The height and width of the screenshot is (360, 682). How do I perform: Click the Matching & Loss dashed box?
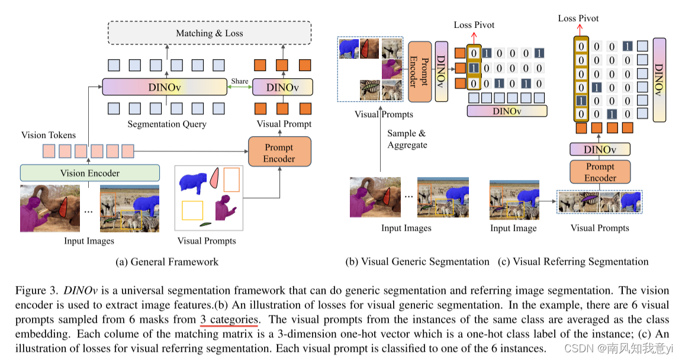pos(209,33)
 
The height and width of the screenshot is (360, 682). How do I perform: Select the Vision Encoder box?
pos(90,173)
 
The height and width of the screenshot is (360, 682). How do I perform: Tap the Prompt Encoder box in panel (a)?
pos(279,153)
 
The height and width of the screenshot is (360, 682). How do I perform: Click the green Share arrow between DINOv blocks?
pos(240,87)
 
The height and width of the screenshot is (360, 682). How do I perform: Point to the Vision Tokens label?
pos(49,135)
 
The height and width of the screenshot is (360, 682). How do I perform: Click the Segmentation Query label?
pos(167,124)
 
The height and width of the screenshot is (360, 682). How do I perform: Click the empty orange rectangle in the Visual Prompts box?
pos(231,179)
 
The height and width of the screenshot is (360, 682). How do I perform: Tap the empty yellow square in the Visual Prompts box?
pos(192,211)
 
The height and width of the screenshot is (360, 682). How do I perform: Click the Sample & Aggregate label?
pos(407,139)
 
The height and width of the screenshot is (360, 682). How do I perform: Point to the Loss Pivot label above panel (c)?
pos(578,18)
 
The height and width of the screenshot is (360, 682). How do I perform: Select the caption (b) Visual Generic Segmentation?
pos(417,262)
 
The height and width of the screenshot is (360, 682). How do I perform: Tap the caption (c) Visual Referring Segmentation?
pos(573,262)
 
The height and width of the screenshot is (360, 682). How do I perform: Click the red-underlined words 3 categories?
pos(229,320)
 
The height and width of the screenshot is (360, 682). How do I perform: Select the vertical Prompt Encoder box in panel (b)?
pos(419,71)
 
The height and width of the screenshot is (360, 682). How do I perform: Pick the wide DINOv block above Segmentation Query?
pos(165,87)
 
